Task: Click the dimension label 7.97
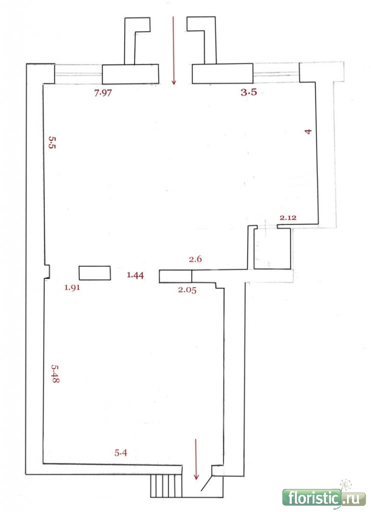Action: point(103,93)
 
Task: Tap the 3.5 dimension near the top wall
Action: point(249,92)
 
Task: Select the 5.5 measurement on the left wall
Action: point(52,142)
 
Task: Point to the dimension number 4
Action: point(308,131)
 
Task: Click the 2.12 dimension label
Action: point(288,217)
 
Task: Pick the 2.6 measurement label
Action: point(195,259)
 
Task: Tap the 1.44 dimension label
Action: point(135,275)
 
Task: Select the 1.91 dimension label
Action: point(72,287)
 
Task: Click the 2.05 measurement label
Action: point(187,289)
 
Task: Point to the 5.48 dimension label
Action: point(55,373)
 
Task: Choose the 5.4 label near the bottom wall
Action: point(121,452)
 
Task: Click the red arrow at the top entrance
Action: point(174,50)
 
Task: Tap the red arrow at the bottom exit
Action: point(196,459)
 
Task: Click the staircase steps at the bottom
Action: point(166,486)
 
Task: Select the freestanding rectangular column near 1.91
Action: point(95,273)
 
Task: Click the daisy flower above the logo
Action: point(345,484)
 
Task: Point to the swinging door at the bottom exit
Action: point(207,483)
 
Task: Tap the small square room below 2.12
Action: point(272,248)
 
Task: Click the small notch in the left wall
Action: point(47,271)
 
